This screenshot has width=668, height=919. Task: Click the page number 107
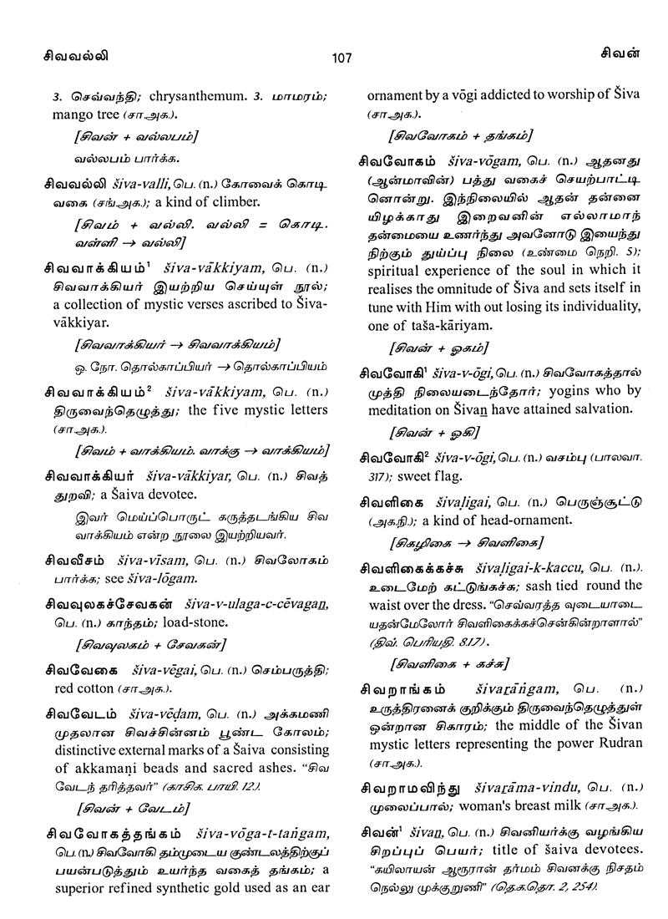tap(342, 58)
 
